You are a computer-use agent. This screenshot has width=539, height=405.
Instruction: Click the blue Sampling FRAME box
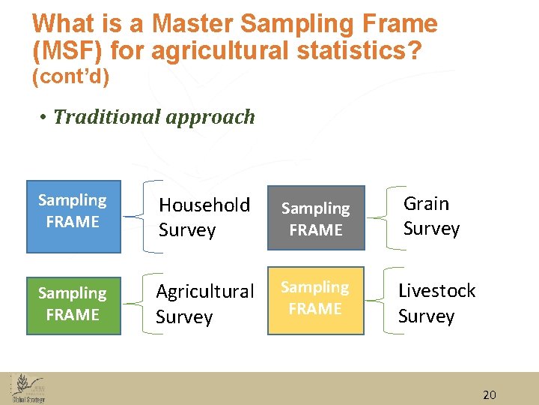pos(73,217)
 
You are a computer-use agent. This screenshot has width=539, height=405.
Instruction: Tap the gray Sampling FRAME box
pos(315,218)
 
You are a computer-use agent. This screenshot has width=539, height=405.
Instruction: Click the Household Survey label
pos(204,217)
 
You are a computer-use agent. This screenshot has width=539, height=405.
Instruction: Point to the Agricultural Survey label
pos(204,304)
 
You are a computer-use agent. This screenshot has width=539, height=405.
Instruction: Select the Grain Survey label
pos(431,216)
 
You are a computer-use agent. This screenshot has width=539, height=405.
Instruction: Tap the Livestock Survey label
pos(436,303)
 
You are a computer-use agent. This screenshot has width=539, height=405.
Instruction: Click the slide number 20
pos(490,395)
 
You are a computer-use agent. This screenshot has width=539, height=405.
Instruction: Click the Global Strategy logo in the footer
pos(28,388)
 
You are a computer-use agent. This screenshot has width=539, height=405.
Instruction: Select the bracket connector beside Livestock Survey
pos(379,303)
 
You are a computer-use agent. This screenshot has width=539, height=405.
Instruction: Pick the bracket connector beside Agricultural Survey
pos(135,304)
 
